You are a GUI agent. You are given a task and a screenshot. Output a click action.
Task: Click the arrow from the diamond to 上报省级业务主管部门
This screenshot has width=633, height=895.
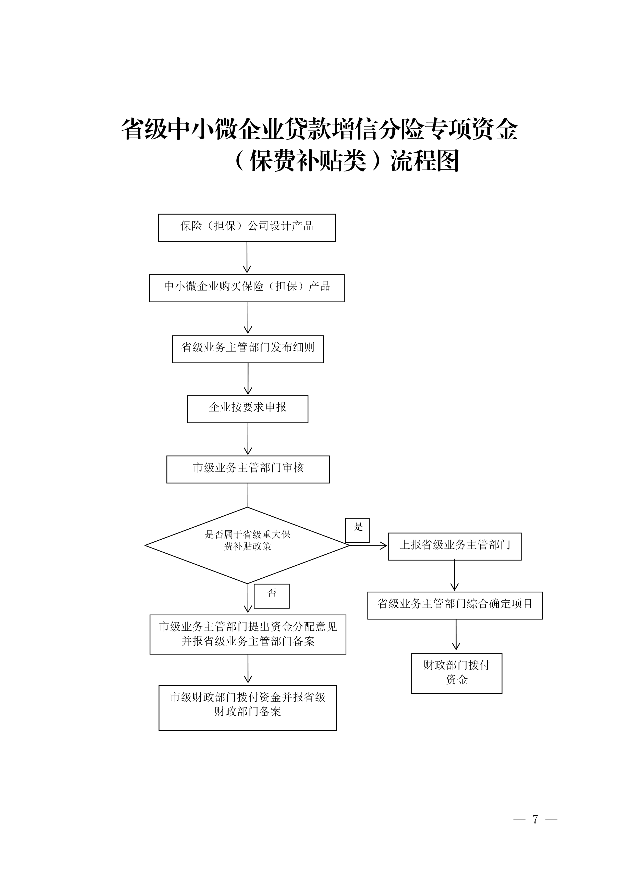click(x=368, y=546)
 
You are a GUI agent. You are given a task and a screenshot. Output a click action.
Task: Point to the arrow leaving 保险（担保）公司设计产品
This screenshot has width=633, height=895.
click(x=247, y=257)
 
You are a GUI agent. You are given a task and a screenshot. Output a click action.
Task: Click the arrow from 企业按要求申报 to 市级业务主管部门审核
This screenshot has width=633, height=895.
click(x=248, y=439)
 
